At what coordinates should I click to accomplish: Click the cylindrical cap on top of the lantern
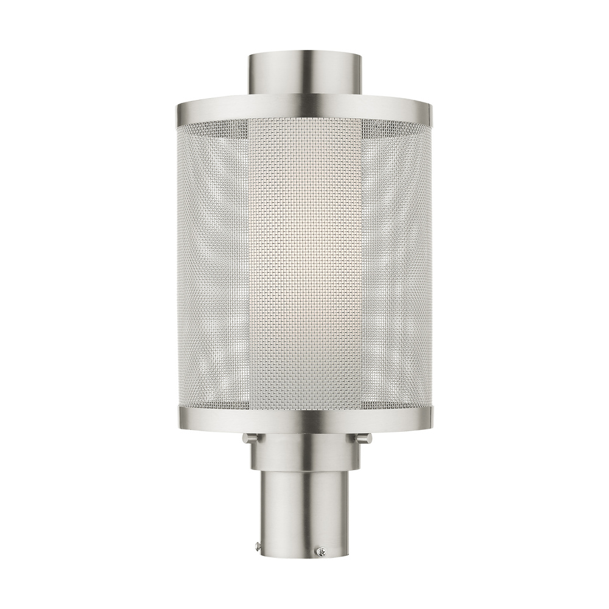[x=304, y=74]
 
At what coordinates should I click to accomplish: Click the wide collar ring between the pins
[x=304, y=451]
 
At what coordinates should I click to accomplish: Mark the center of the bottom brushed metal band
[x=304, y=418]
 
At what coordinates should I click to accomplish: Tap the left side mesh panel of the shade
[x=213, y=262]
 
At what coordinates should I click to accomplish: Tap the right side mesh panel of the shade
[x=396, y=262]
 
